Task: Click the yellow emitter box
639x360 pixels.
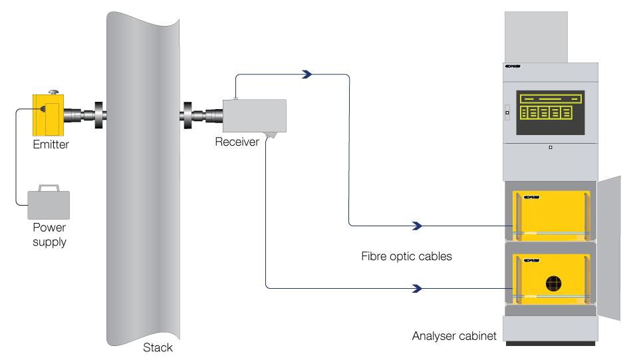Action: pos(49,114)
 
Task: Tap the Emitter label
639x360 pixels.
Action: pos(51,144)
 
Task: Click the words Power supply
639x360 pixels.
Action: pos(50,234)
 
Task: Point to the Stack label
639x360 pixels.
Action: pos(158,347)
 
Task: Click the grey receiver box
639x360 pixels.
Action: pos(255,115)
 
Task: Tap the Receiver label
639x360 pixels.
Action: pos(237,142)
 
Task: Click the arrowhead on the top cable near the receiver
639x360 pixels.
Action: pos(307,75)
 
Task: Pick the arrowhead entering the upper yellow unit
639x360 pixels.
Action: pos(418,226)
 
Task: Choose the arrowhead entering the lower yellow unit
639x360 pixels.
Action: pos(418,289)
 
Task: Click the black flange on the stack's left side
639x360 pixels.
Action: pos(98,115)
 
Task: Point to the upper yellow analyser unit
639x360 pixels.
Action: pos(549,213)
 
